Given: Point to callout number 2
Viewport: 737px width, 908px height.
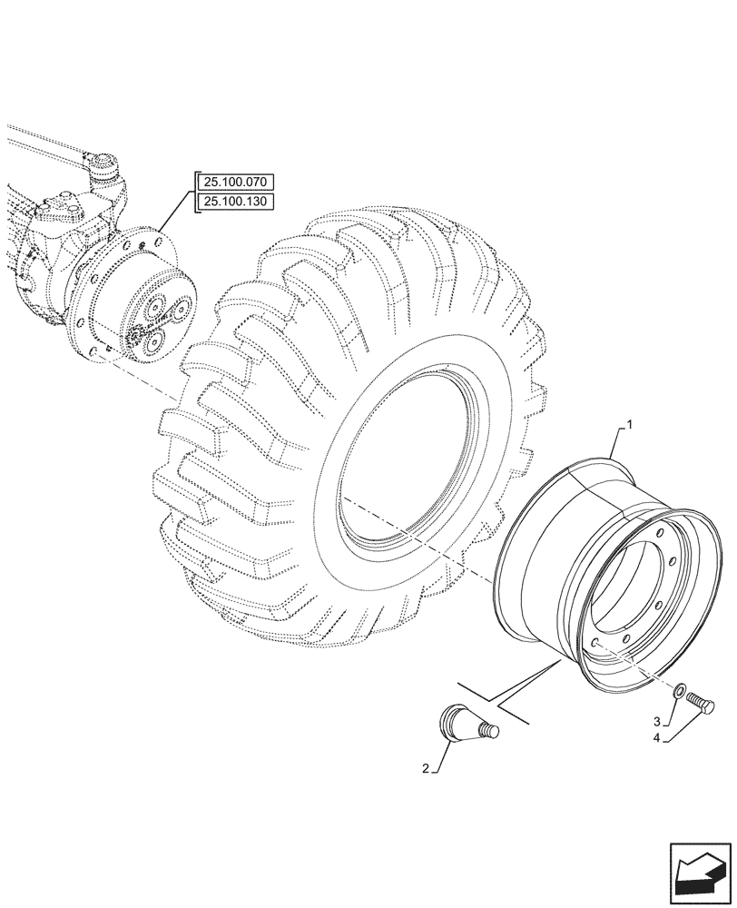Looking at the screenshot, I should pyautogui.click(x=425, y=769).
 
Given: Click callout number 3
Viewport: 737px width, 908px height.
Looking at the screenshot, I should pyautogui.click(x=656, y=721).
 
